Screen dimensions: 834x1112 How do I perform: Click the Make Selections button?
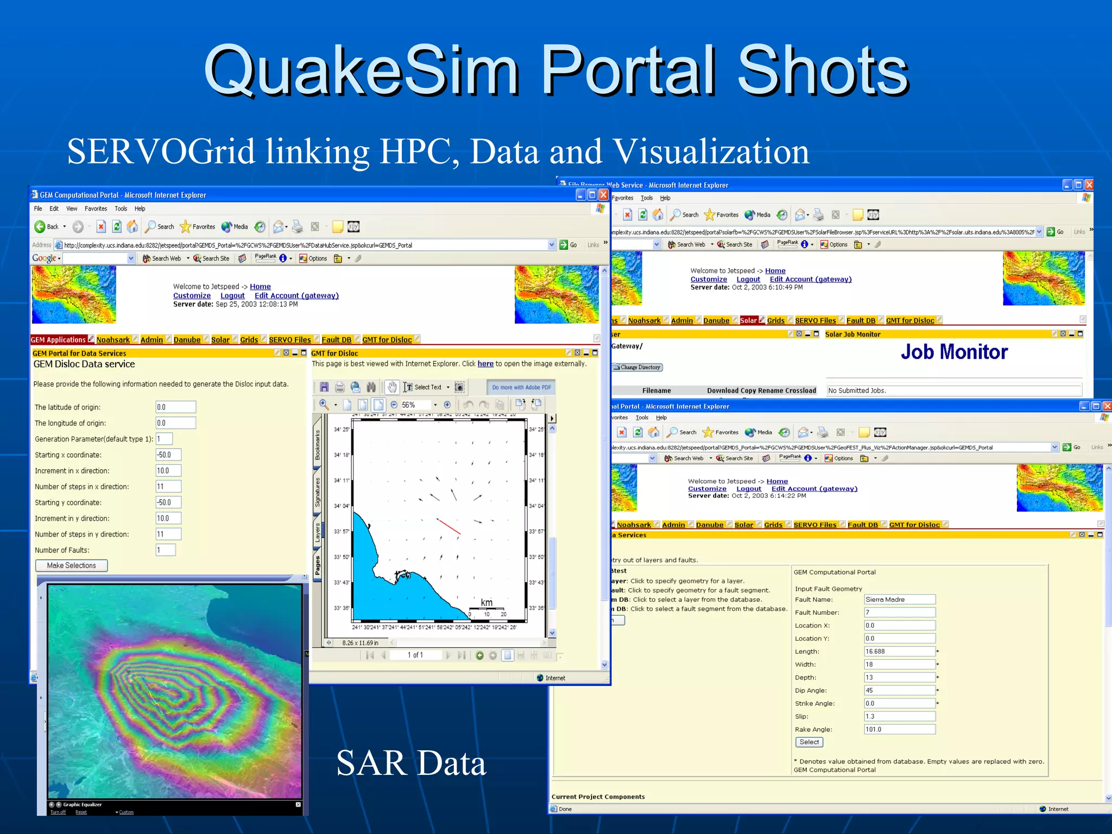(71, 565)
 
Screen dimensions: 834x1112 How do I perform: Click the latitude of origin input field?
(175, 407)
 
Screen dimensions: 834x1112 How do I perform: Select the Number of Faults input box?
(166, 550)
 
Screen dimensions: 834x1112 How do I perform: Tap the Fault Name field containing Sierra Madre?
(899, 599)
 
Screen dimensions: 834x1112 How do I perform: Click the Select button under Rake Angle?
(808, 742)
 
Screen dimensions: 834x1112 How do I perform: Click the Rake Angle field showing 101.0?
(899, 729)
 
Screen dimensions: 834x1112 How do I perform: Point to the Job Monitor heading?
(954, 352)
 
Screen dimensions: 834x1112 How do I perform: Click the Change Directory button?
(637, 368)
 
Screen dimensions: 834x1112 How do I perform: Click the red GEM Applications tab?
(58, 340)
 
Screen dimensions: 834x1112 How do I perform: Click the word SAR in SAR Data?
(371, 763)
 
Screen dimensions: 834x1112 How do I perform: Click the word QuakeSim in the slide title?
(361, 71)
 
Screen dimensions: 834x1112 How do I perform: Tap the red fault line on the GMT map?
(449, 526)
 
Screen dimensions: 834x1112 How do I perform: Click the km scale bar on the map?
(486, 608)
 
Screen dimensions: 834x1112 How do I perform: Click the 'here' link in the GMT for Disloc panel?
(485, 364)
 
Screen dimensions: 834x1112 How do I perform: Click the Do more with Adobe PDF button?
(521, 387)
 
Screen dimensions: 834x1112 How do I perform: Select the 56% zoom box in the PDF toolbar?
(416, 405)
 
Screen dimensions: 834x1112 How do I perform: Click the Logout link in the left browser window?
(232, 296)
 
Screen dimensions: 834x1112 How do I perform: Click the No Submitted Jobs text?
(857, 390)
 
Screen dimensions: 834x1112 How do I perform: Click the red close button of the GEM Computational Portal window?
(603, 195)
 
